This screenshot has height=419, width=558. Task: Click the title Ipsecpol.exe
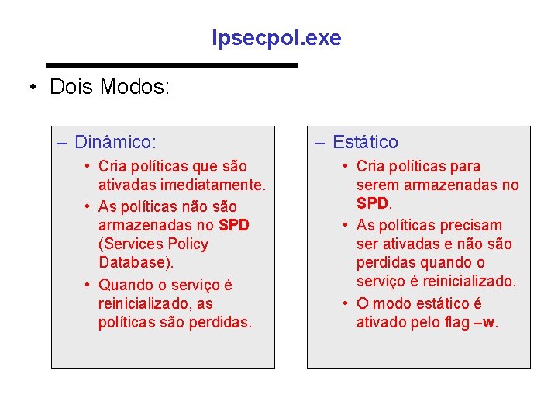point(277,38)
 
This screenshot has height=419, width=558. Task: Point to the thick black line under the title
point(172,64)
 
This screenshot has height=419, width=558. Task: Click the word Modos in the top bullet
point(135,87)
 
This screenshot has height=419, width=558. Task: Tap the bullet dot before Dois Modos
point(33,87)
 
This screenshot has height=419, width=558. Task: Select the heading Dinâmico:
point(116,142)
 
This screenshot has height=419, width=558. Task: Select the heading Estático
point(365,142)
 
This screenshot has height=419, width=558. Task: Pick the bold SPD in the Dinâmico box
point(234,225)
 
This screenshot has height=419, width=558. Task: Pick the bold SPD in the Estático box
point(374,203)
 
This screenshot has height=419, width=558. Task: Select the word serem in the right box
point(377,185)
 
